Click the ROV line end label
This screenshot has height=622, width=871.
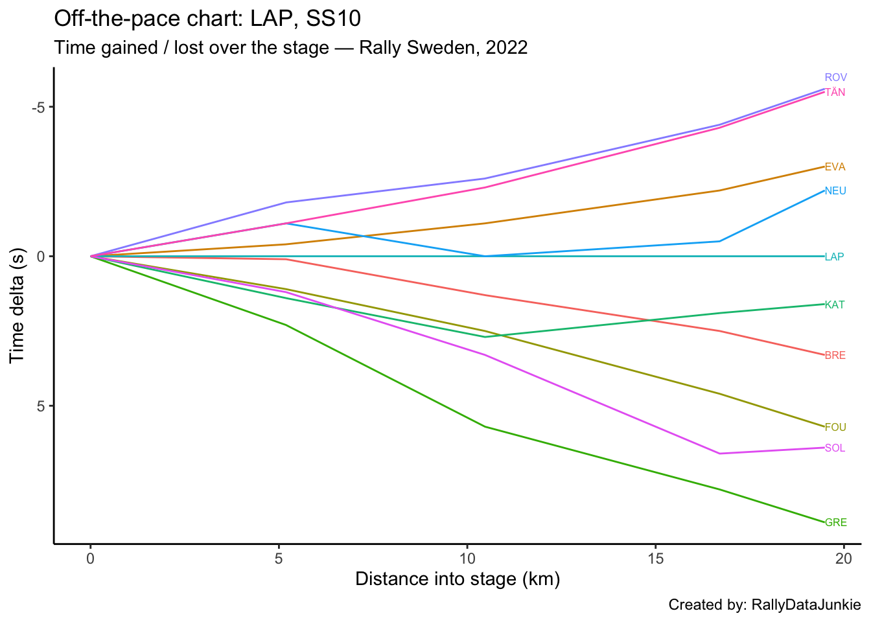click(x=835, y=78)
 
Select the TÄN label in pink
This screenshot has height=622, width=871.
click(x=835, y=93)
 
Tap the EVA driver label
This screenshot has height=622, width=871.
click(x=835, y=167)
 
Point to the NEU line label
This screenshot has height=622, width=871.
click(x=835, y=191)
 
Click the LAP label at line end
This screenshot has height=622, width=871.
click(x=834, y=257)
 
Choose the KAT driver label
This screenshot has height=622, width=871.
click(x=835, y=305)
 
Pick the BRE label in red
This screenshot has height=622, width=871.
click(x=835, y=356)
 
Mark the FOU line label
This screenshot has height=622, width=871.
click(x=835, y=428)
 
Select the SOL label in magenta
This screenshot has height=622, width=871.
click(x=835, y=448)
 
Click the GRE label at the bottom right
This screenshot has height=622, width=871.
click(x=835, y=523)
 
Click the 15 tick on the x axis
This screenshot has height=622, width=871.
click(x=655, y=558)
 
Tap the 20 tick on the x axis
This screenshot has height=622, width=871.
click(x=843, y=558)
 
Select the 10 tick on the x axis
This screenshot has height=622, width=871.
click(x=467, y=558)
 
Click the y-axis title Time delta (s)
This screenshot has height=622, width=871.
click(x=17, y=305)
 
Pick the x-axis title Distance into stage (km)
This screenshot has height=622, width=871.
click(x=458, y=579)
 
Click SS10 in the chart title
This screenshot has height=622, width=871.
click(x=333, y=19)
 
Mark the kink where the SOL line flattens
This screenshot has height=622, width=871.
click(x=719, y=454)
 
